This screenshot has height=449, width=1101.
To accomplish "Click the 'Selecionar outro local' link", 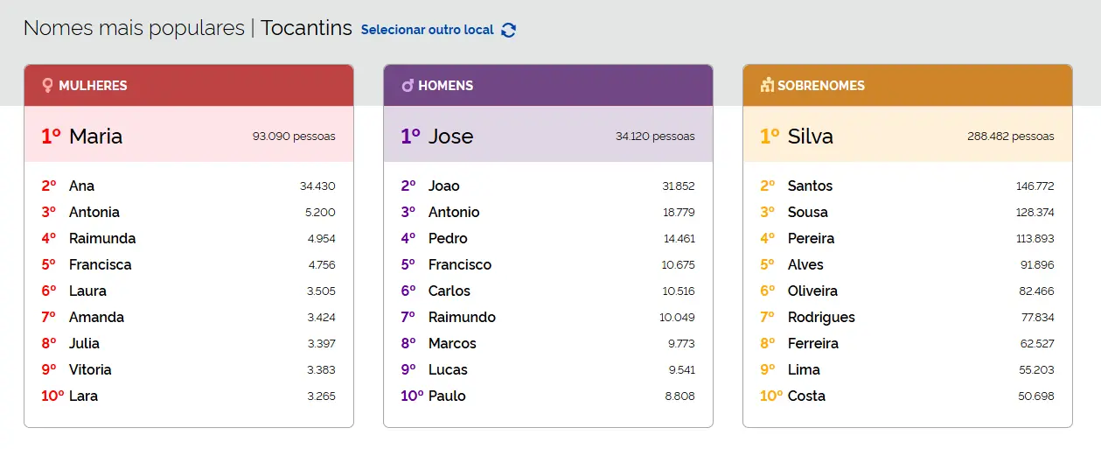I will tap(427, 30).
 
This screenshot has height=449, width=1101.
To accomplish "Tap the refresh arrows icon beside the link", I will tap(509, 30).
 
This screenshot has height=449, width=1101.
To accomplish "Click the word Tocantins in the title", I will tap(306, 28).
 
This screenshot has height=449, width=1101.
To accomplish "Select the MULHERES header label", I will tap(93, 86).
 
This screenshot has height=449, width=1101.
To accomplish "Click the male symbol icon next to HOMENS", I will tap(408, 86).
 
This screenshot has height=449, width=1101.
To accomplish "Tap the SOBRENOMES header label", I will tap(820, 86).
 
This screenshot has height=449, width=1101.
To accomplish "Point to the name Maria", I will tap(95, 136).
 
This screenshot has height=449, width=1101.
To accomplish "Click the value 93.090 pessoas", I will tap(294, 137).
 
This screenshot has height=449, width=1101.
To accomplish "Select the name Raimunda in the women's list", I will tap(102, 238).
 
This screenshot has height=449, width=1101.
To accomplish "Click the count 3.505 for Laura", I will tap(321, 291).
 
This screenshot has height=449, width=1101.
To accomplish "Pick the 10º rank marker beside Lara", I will tap(52, 396).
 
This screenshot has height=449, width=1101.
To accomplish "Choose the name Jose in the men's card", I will tap(450, 136).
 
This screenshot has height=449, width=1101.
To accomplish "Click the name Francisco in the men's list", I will tap(460, 264).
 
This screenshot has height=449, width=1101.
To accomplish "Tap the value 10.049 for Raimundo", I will tap(677, 317).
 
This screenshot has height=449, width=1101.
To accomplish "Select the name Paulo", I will tap(447, 396).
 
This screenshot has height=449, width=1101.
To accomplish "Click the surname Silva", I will tap(810, 136).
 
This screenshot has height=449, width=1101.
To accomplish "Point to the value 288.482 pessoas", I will tap(1010, 137).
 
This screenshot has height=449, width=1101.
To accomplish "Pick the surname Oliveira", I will tap(812, 291).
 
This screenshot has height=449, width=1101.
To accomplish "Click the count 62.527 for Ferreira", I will tap(1036, 343).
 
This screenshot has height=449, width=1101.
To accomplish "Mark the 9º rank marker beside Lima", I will tap(768, 369).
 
